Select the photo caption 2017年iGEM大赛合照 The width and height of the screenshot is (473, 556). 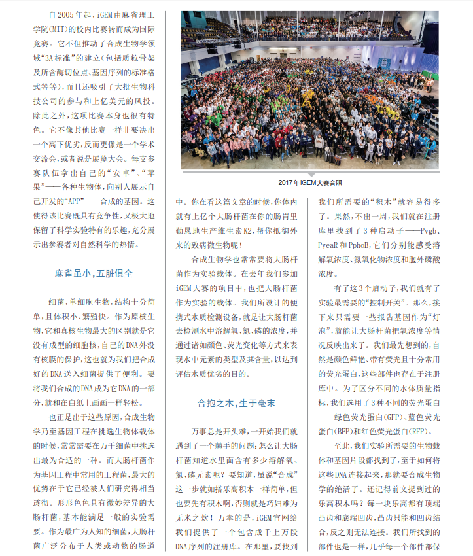tap(310, 183)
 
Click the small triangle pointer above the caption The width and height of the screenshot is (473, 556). tap(311, 173)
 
